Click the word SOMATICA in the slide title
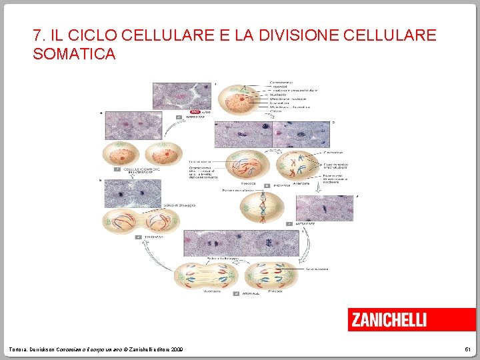74,54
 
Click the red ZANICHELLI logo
397,319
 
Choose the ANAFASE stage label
251,293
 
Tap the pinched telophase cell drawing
139,222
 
